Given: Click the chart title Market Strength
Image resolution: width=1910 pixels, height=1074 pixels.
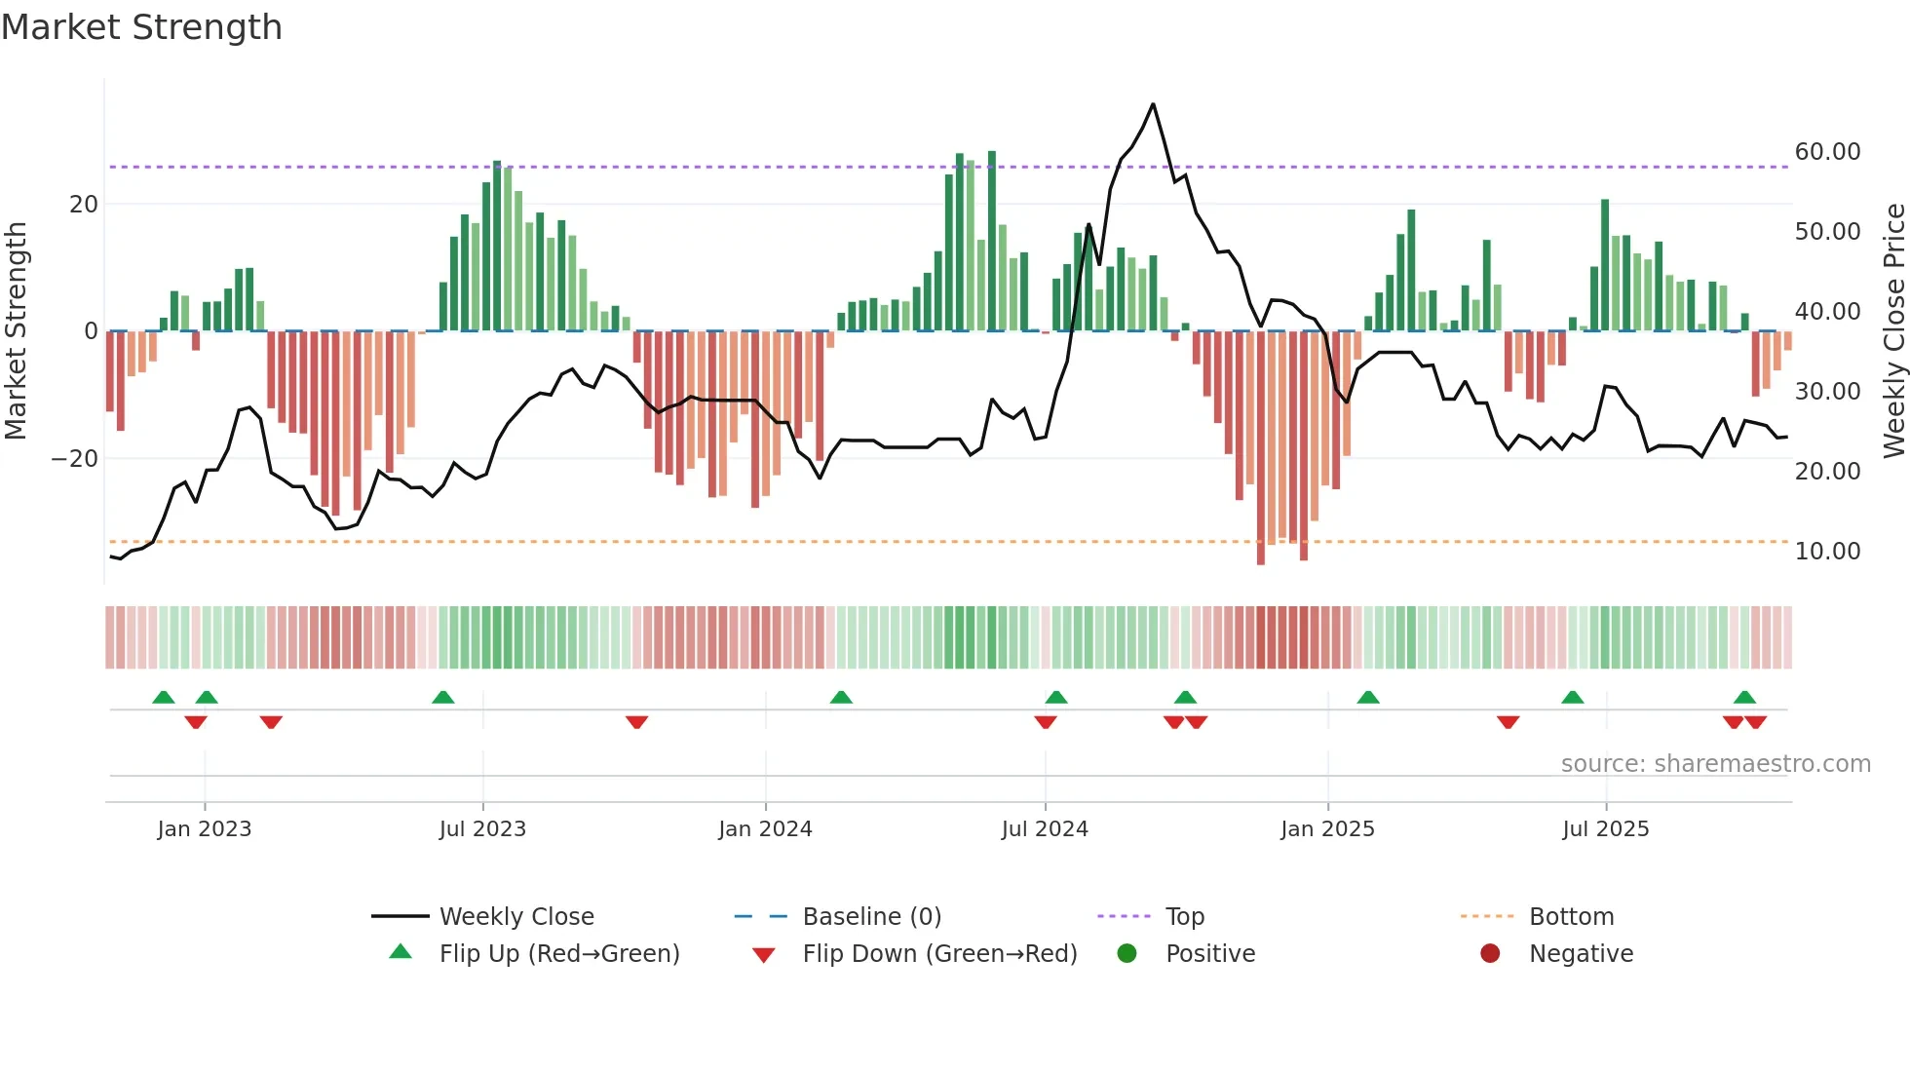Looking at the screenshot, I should (141, 27).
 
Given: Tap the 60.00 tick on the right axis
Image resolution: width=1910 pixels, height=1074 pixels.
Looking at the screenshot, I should (1827, 152).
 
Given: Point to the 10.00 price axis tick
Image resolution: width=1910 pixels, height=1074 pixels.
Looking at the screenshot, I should (1827, 552).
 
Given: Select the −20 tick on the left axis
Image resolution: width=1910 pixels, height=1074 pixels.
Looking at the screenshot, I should (75, 459).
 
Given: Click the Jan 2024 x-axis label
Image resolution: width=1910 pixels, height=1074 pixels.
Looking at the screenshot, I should (765, 829).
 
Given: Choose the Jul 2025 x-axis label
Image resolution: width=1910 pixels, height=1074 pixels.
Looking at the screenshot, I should (1605, 829).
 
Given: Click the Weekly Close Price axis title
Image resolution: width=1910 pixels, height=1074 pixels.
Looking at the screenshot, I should (1893, 331).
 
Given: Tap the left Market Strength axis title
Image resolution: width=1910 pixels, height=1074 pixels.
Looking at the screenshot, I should (16, 331).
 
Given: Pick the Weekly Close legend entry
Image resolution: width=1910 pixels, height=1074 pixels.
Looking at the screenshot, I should (516, 917).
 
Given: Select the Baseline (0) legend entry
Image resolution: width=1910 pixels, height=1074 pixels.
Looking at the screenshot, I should (871, 917).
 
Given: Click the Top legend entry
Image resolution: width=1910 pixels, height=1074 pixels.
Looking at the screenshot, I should (1184, 917).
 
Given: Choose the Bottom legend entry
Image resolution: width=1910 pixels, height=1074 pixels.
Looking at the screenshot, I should (1571, 917).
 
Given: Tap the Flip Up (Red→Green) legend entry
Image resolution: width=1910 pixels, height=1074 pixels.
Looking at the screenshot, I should (558, 954).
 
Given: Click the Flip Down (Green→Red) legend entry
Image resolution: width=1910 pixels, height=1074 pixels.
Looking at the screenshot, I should (939, 954).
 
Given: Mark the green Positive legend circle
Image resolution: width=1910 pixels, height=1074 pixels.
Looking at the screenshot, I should (1127, 954).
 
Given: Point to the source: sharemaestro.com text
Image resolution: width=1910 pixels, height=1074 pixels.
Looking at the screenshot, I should (1715, 764).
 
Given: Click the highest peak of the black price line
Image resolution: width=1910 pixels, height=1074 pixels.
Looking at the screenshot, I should (1153, 104).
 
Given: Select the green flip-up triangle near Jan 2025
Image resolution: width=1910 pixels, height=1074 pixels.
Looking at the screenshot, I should (1368, 698).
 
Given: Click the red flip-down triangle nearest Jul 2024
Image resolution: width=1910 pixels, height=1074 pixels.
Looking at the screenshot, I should (1046, 722).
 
